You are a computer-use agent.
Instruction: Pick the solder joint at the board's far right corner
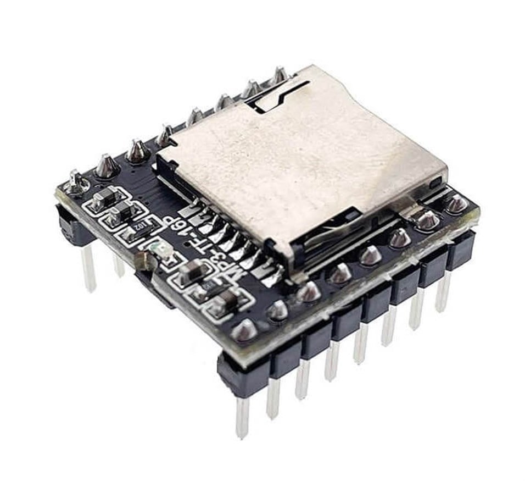pyautogui.click(x=456, y=204)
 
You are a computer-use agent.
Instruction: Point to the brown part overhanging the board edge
pyautogui.click(x=144, y=261)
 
